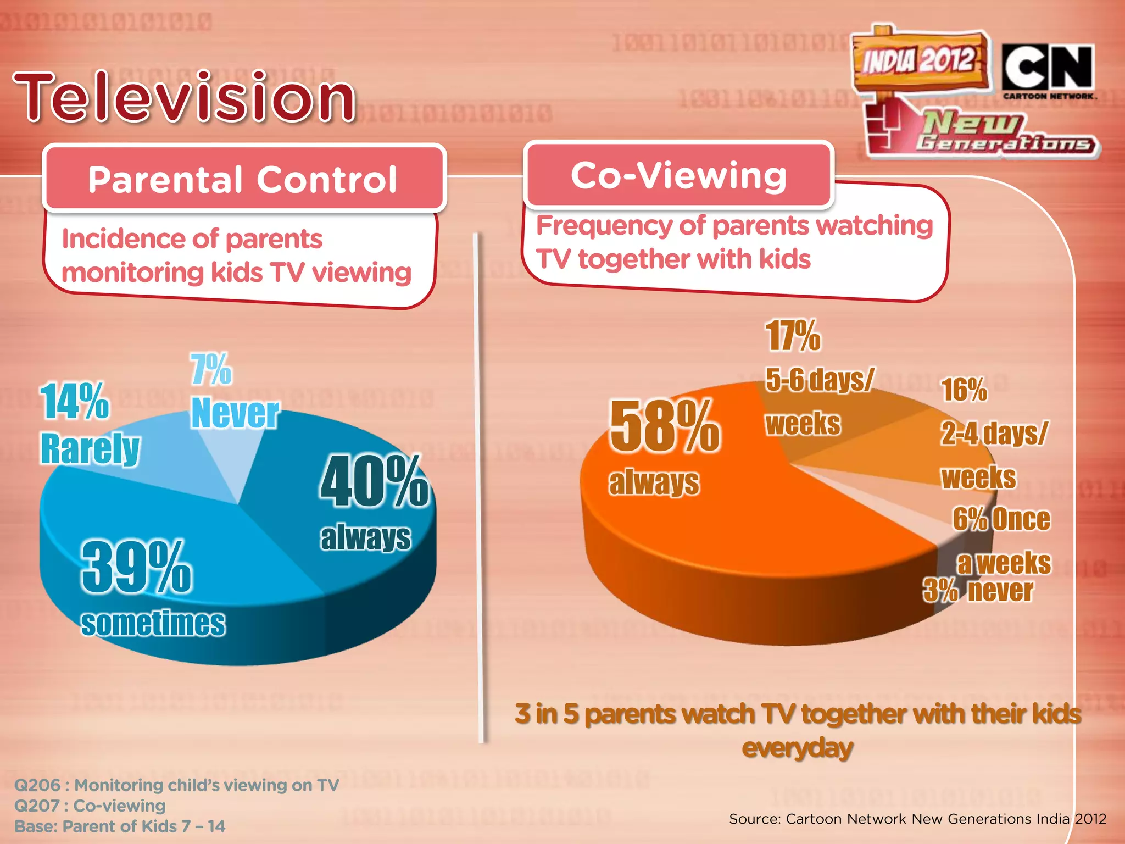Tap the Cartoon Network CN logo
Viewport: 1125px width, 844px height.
pos(1048,69)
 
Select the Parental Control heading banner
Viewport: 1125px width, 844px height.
pos(243,179)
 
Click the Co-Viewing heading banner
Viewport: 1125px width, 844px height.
pos(679,176)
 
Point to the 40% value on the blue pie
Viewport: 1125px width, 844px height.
pos(374,482)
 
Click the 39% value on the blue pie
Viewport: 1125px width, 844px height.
pos(137,567)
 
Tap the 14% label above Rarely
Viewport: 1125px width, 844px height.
pos(74,401)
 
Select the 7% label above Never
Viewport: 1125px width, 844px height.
pos(211,369)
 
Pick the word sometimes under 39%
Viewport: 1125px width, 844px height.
pos(153,624)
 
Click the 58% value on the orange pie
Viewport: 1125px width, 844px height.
pos(665,426)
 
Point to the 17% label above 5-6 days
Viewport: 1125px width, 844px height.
pos(793,336)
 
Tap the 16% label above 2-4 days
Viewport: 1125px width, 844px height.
pos(964,390)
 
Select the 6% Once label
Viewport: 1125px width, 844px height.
pos(1001,519)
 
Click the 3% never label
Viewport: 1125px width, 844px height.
pos(978,591)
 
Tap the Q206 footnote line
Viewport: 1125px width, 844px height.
pos(176,785)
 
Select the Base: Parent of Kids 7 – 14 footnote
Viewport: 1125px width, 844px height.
pos(120,826)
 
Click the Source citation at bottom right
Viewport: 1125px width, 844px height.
pos(917,819)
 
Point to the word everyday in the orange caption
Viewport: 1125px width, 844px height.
pos(798,748)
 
